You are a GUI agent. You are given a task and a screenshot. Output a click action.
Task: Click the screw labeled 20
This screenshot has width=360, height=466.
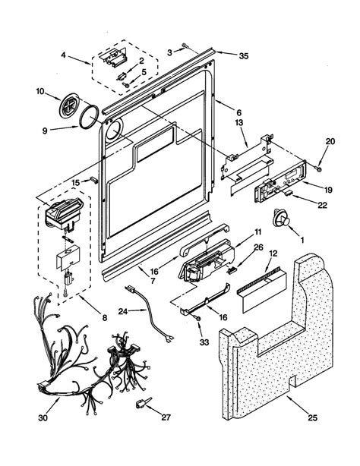click(320, 165)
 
